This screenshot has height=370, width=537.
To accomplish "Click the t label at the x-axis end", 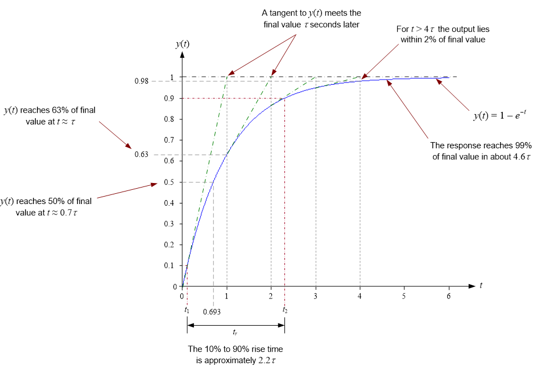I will (x=481, y=284).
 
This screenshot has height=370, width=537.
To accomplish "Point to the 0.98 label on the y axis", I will (x=141, y=81).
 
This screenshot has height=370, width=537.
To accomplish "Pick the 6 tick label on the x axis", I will (x=449, y=297).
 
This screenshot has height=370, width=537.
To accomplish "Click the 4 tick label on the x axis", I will (x=360, y=297).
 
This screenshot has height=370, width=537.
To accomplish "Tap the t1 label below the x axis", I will (x=187, y=310).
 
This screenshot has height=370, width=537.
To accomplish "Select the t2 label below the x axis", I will (x=285, y=310).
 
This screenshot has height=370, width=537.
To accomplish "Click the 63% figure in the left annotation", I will (x=61, y=111).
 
